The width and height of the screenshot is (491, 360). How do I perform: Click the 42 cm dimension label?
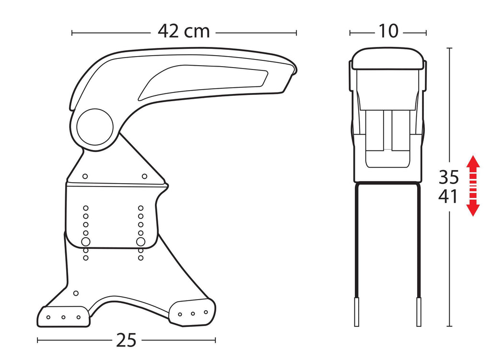184,31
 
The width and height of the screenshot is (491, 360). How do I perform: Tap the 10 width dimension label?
388,31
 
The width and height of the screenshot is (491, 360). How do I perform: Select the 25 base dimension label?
126,340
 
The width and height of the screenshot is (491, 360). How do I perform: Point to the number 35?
448,177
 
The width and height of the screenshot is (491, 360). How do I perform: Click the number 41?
448,197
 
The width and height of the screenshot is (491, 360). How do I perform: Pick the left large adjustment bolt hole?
85,242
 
